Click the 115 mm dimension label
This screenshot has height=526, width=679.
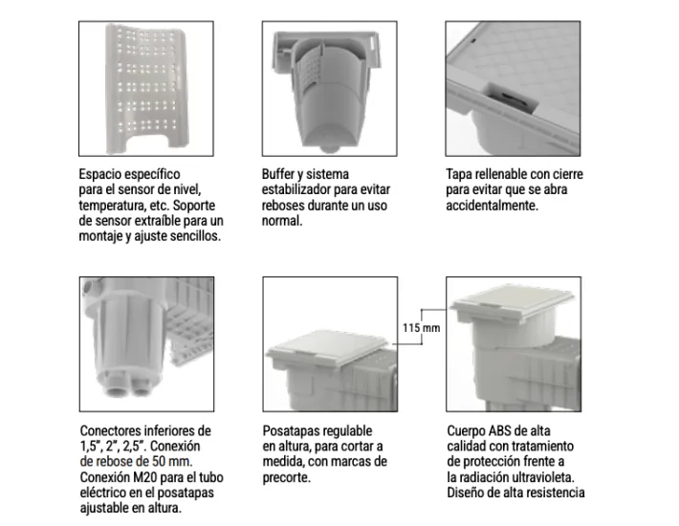point(421,328)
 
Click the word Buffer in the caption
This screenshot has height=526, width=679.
point(281,175)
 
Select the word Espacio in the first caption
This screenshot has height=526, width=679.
point(104,175)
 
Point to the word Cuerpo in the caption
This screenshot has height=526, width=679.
point(469,431)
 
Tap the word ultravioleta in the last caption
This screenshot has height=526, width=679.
point(550,477)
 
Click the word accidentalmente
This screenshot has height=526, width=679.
point(492,206)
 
